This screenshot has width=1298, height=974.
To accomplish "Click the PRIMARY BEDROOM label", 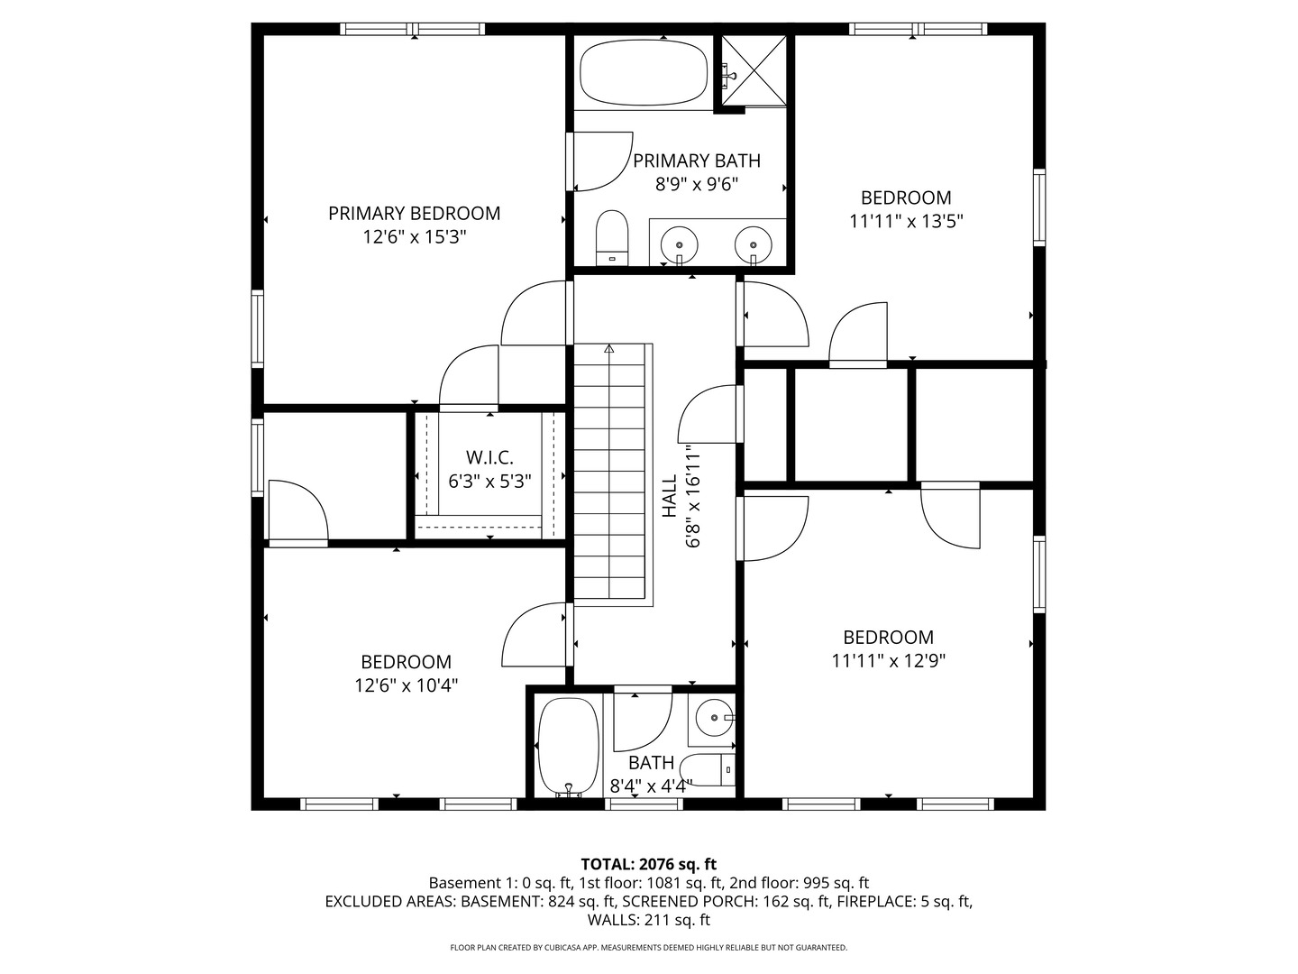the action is (414, 213).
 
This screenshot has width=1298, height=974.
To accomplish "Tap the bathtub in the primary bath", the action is (644, 73).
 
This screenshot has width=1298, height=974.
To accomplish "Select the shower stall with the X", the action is (754, 70).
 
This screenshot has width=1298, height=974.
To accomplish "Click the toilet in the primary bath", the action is (612, 237).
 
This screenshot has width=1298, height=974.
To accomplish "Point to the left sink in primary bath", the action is (679, 244).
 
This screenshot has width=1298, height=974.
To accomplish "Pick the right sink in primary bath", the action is (754, 244).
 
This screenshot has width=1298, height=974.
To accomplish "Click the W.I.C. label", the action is (489, 457).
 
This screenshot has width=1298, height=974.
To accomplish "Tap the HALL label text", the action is (669, 496).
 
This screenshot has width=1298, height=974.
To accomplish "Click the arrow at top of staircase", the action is (609, 348).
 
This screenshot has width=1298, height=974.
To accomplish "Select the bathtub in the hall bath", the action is (568, 747).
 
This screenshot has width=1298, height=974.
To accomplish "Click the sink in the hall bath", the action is (714, 717).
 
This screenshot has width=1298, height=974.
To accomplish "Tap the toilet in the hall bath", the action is (708, 770).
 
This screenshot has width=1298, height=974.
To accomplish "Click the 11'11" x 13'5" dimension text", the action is (907, 221).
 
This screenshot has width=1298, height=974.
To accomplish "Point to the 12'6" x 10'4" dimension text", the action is (407, 685).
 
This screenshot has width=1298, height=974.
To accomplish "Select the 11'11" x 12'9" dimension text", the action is (889, 660).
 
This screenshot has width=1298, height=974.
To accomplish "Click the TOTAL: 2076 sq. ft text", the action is (649, 865).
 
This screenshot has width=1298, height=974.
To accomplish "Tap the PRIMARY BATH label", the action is (697, 161).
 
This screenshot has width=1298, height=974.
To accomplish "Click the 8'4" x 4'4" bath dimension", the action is (651, 786).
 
